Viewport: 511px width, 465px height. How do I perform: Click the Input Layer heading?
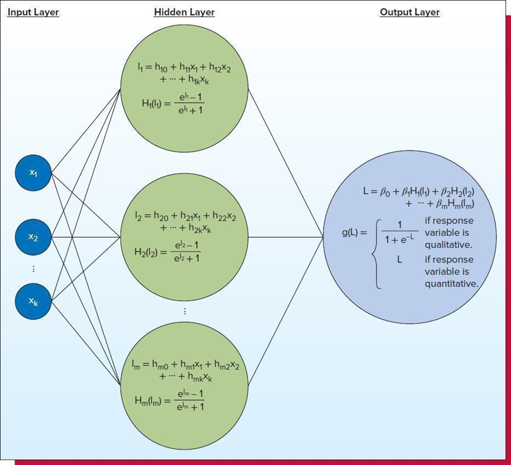coord(33,12)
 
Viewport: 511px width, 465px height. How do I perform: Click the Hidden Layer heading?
coord(184,12)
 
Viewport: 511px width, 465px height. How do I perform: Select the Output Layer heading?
coord(410,12)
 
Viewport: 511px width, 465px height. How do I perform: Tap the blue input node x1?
coord(33,173)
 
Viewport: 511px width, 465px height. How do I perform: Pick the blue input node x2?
coord(33,237)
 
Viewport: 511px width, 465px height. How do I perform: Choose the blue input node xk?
coord(33,301)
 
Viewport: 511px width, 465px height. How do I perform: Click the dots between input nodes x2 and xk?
coord(33,269)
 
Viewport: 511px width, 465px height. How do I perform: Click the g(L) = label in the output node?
coord(354,233)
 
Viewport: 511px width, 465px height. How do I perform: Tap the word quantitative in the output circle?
coord(451,284)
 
